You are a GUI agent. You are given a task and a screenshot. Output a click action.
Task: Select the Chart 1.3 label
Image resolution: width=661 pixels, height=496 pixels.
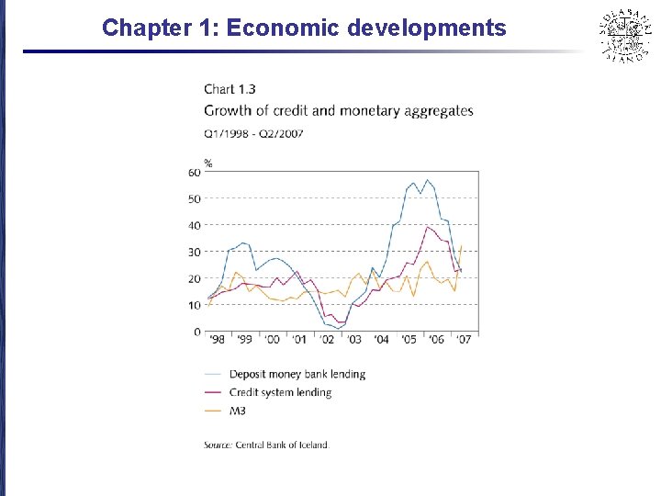(230, 89)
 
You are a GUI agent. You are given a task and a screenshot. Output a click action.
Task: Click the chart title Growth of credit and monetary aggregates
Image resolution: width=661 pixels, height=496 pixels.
(338, 111)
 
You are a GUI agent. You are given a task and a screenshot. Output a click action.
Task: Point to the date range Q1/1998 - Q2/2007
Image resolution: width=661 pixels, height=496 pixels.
(253, 133)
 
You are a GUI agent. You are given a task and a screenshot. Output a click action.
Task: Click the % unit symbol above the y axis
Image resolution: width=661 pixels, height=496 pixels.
(208, 163)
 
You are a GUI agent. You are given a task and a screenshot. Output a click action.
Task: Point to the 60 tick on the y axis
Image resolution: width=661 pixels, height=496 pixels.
(195, 173)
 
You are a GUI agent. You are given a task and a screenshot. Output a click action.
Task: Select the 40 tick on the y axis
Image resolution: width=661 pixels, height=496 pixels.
(195, 226)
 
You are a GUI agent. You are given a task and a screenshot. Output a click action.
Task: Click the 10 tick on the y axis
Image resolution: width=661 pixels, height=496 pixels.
(195, 305)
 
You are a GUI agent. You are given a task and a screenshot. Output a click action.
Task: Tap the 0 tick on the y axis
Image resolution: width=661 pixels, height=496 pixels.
(197, 332)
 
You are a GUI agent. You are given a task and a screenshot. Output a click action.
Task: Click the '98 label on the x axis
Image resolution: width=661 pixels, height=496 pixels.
(217, 340)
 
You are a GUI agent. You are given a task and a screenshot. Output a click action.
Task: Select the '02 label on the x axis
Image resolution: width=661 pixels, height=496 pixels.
(327, 340)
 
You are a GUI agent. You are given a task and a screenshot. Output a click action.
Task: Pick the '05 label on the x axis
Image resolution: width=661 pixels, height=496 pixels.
(409, 340)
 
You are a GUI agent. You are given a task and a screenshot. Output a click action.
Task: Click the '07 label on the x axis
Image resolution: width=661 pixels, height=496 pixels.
(465, 340)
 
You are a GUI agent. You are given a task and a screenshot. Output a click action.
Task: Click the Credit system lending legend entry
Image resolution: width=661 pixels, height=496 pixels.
(280, 392)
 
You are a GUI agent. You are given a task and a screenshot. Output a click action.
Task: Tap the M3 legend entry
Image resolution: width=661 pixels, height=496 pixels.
(238, 411)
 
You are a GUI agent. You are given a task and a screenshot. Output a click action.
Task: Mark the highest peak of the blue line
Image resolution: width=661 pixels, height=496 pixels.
(427, 180)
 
